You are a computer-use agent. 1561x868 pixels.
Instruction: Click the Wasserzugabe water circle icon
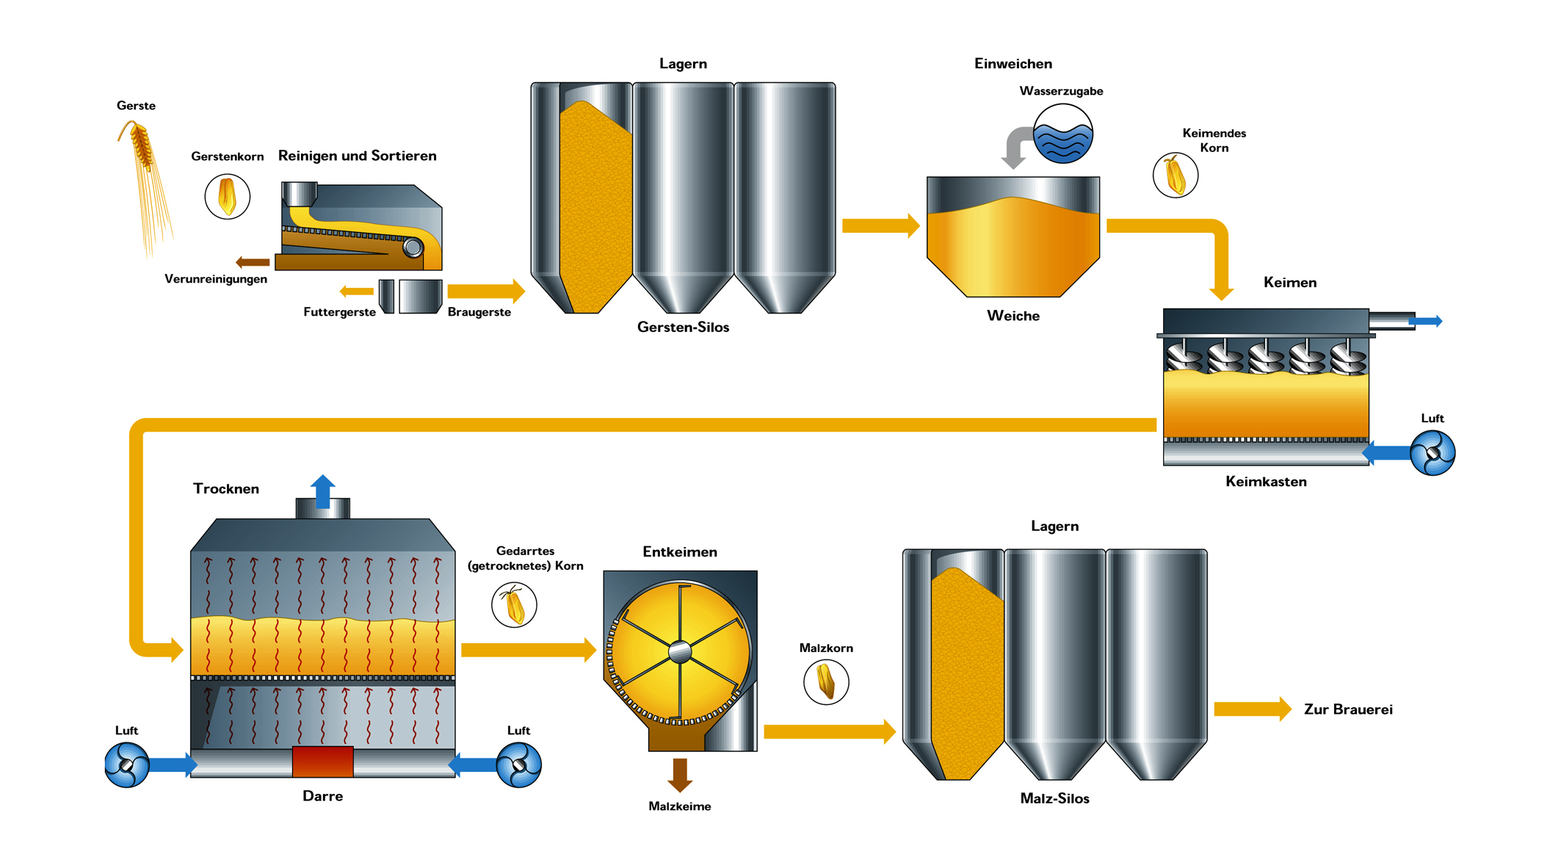point(1062,134)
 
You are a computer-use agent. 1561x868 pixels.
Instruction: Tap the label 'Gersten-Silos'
point(683,328)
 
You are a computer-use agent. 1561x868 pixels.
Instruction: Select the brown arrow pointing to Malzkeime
point(680,775)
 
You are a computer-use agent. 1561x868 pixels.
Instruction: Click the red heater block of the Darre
point(322,762)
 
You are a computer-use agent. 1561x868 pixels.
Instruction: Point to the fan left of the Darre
point(127,764)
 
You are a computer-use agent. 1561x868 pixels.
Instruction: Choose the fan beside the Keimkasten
point(1432,452)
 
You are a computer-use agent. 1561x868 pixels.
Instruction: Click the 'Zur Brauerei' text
point(1348,709)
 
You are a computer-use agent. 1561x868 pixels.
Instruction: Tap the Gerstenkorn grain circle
point(228,197)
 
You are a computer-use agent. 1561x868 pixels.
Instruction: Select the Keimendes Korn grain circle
point(1175,176)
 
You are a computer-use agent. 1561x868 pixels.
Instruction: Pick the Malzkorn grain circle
point(826,681)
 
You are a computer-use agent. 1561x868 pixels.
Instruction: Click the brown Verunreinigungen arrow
point(253,262)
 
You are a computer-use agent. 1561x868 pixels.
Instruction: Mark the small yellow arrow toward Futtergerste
point(357,292)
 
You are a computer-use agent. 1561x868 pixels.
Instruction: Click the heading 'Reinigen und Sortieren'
point(357,156)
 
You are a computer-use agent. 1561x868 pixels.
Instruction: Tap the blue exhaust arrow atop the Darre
point(322,491)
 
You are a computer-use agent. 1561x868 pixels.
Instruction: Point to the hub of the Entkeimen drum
point(680,651)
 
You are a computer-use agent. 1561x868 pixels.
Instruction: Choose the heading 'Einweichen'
point(1013,64)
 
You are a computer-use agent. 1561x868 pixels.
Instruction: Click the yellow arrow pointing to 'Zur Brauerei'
point(1252,709)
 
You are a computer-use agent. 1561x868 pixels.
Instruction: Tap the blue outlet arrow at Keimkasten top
point(1426,321)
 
